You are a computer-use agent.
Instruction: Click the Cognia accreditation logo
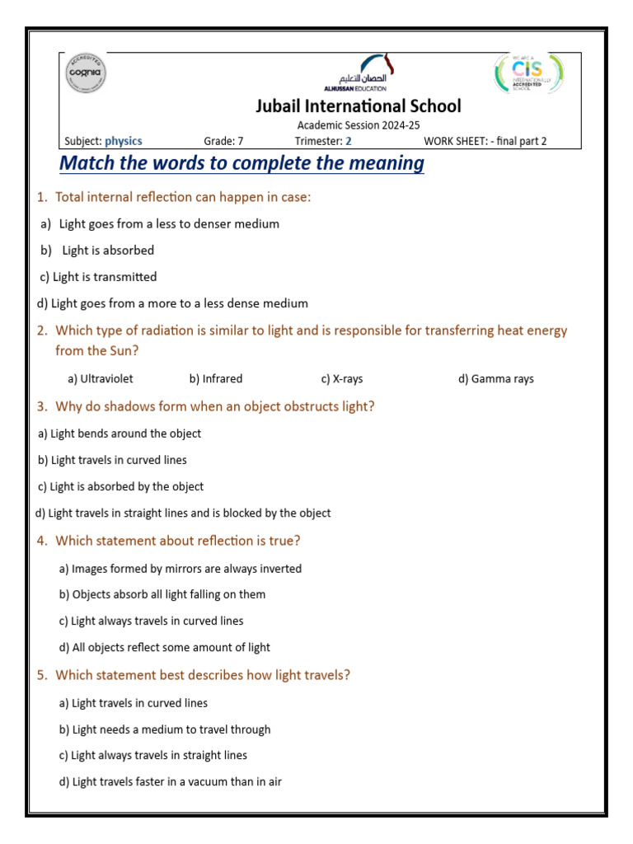click(86, 75)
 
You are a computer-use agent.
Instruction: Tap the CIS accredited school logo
click(528, 74)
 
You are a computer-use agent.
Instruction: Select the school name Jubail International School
click(358, 106)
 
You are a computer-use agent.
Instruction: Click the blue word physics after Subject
click(124, 141)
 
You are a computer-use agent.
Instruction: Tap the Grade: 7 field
click(223, 141)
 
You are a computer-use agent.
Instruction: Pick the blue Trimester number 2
click(349, 141)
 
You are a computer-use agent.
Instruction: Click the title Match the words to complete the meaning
click(241, 163)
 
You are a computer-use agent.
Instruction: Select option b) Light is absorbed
click(98, 251)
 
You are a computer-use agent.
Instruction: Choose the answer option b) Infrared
click(216, 379)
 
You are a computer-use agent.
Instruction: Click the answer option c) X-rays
click(342, 379)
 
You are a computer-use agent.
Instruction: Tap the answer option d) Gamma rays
click(496, 379)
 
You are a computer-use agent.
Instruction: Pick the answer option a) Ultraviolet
click(101, 379)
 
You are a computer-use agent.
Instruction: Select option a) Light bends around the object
click(120, 434)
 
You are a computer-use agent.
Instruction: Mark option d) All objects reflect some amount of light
click(165, 648)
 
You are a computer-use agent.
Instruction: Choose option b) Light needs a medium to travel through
click(165, 729)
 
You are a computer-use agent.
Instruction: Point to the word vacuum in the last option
click(210, 781)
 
